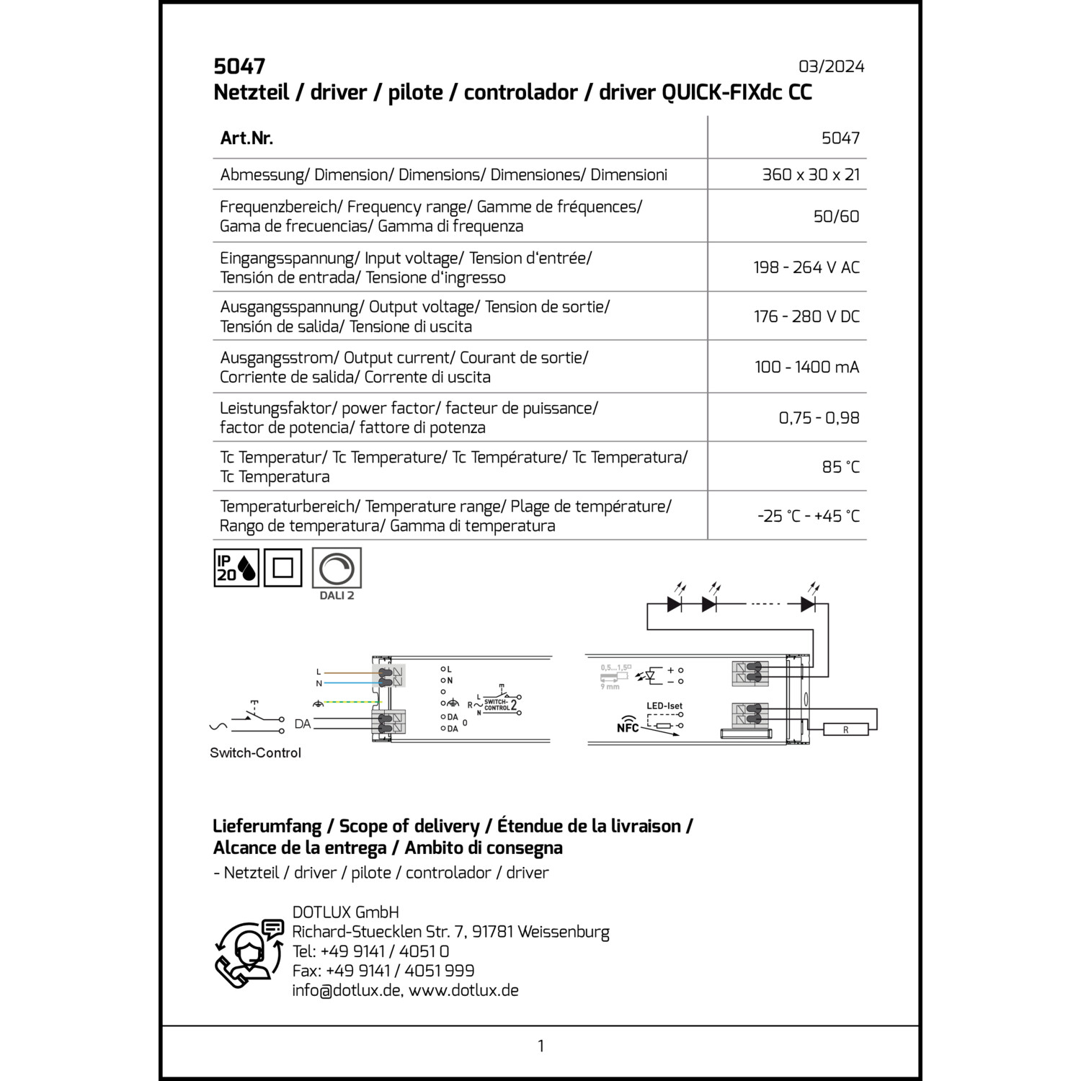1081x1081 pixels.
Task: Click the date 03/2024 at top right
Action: pos(831,66)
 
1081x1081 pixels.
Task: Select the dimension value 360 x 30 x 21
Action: pos(811,174)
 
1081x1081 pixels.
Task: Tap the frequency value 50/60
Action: pos(836,216)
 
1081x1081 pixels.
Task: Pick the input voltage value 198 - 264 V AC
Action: pos(806,267)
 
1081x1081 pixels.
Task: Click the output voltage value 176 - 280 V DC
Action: pos(806,316)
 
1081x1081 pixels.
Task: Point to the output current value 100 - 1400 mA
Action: pos(806,367)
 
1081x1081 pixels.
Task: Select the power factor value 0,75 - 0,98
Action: pos(819,418)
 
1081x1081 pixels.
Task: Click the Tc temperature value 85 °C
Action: pos(840,467)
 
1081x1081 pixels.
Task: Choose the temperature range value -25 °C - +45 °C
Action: pos(808,516)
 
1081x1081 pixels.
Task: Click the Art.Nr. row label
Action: pos(246,138)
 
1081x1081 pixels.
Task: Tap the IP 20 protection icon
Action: pos(236,568)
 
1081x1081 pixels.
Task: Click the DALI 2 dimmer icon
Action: pos(337,569)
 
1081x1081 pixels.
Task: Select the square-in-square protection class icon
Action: pos(283,568)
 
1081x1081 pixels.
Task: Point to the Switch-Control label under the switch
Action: pos(255,753)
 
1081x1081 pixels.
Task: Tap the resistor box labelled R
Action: pos(845,729)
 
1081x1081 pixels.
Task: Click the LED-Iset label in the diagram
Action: pos(664,706)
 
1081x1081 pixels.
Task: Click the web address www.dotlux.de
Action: pos(463,990)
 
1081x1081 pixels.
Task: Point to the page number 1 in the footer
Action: pos(540,1046)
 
